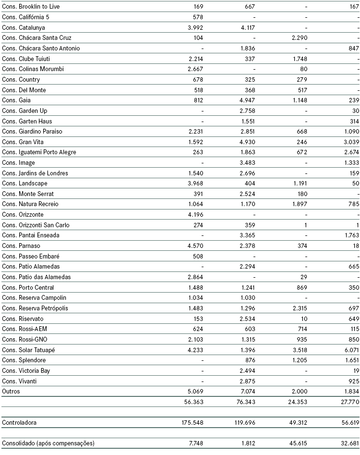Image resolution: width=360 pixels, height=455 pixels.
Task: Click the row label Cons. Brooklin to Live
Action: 31,7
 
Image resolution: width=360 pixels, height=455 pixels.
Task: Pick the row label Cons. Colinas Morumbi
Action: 33,69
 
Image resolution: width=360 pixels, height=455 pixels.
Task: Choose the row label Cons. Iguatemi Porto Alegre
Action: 39,152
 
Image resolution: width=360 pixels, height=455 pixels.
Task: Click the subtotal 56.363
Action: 193,402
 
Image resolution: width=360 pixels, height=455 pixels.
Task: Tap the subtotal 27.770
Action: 349,402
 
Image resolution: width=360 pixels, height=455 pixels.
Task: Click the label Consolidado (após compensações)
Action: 48,443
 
